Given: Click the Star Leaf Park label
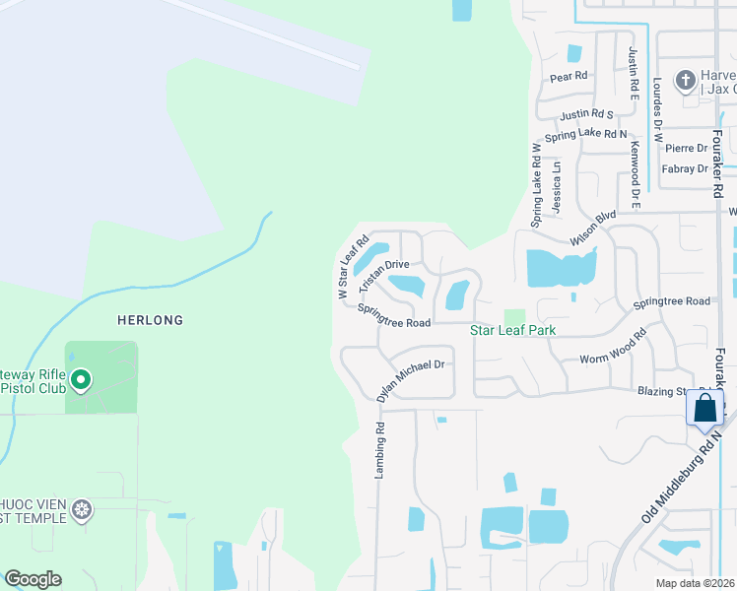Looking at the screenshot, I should [512, 330].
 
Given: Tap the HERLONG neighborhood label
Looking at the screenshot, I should [150, 320].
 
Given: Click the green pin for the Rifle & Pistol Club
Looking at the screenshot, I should [81, 379].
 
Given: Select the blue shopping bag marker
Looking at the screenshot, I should [705, 408].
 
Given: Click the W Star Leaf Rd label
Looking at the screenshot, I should [352, 266].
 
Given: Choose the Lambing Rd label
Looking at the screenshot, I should [377, 451].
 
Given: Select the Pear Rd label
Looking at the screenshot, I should [569, 76].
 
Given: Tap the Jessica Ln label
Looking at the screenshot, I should [557, 188].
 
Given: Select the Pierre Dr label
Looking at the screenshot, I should [687, 148].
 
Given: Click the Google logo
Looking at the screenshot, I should [33, 579].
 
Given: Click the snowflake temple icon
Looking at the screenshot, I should [83, 509].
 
